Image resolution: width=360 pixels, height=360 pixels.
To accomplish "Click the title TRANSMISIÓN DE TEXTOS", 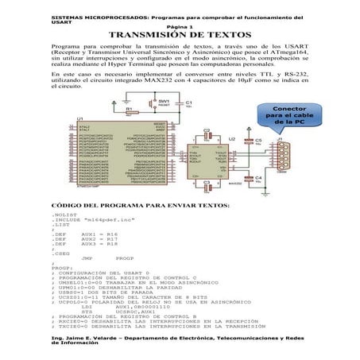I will pyautogui.click(x=180, y=36).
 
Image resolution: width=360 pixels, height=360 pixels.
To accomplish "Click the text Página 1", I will pyautogui.click(x=180, y=26).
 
